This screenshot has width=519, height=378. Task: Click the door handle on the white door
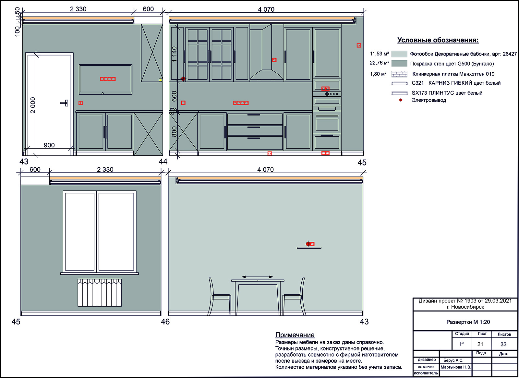point(65,103)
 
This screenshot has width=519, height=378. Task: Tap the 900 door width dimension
point(49,145)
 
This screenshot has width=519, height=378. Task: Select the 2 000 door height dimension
point(33,105)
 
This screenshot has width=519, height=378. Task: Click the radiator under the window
point(99,292)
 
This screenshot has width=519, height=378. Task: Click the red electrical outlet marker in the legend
point(401,100)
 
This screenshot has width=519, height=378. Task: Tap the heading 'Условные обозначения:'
point(438,40)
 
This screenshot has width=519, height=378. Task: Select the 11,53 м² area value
point(379,54)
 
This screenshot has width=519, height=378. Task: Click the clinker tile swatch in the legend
point(399,74)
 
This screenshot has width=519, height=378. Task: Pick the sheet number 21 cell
point(480,344)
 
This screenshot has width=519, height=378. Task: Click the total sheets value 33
point(503,344)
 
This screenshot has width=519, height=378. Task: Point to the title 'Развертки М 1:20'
point(468,322)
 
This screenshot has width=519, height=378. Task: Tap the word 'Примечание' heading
point(295,335)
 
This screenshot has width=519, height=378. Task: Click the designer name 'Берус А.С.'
point(453,360)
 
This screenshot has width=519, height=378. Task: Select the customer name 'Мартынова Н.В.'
point(456,367)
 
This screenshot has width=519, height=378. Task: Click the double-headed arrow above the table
point(258,277)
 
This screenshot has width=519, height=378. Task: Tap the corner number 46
point(165,322)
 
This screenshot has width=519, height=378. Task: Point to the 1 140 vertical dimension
point(174,54)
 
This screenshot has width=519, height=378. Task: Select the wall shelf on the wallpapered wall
point(309,248)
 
